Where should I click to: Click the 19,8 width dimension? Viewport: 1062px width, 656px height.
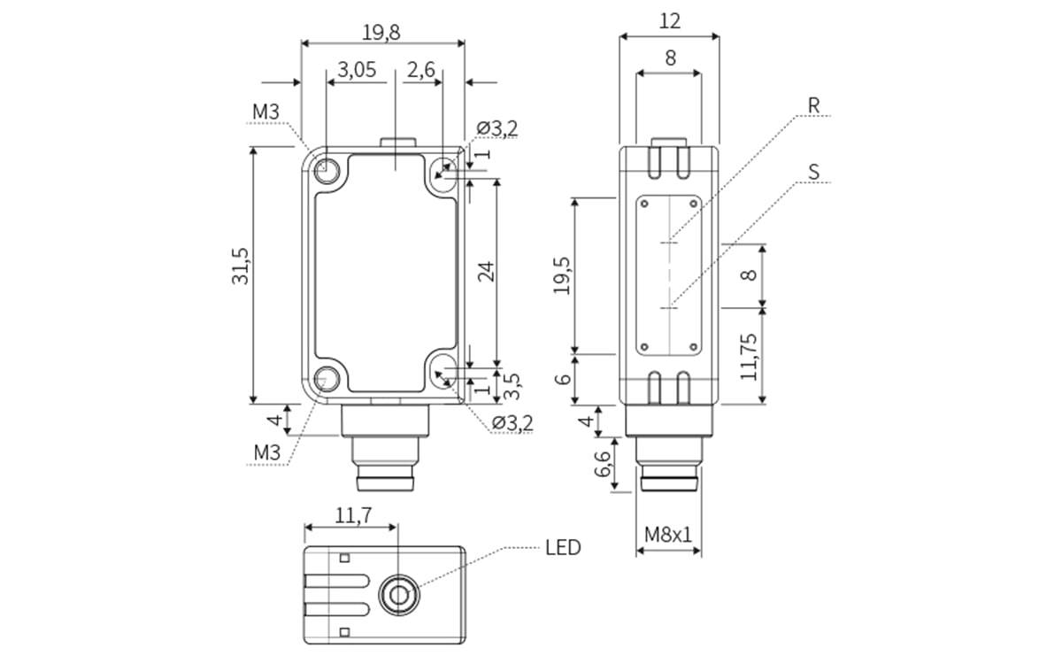tap(381, 33)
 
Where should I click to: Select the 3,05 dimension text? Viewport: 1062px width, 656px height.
tap(357, 71)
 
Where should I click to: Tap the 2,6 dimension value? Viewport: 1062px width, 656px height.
tap(421, 71)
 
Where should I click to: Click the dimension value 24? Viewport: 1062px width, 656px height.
tap(485, 272)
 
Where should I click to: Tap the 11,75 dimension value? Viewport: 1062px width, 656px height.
tap(750, 357)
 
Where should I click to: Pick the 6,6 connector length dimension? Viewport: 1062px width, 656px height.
tap(604, 465)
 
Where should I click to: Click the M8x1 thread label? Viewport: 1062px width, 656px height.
tap(668, 534)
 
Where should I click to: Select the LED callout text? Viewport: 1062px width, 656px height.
tap(563, 548)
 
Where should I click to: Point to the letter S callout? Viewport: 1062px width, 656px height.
tap(813, 172)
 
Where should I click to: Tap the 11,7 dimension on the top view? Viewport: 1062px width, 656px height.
tap(352, 513)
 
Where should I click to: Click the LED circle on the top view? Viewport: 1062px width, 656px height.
tap(398, 594)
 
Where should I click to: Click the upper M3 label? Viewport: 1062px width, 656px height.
tap(265, 112)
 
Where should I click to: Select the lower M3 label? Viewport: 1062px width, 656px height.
tap(266, 453)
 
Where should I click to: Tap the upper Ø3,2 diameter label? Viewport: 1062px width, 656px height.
tap(497, 129)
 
